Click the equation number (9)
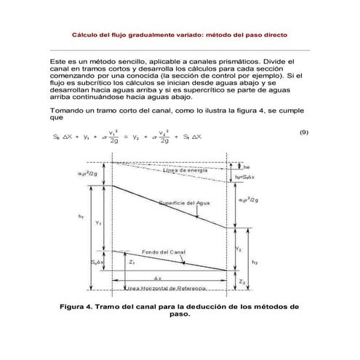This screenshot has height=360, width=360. (x=304, y=132)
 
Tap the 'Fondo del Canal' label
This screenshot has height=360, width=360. (x=161, y=251)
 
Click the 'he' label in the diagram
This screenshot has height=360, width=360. (x=247, y=164)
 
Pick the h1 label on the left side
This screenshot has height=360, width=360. (x=80, y=216)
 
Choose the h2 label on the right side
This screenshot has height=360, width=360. (x=254, y=261)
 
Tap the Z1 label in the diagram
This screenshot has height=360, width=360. (x=131, y=263)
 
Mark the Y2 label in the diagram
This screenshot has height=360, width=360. (x=238, y=249)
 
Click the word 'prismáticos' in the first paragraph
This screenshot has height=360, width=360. (x=233, y=62)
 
